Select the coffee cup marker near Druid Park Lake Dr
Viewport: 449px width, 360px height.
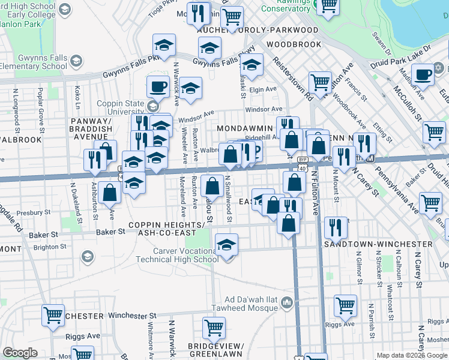423,75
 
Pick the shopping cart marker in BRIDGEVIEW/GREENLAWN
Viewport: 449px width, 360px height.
214,328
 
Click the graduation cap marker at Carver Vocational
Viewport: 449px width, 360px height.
226,245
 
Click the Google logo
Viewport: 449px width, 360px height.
20,353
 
